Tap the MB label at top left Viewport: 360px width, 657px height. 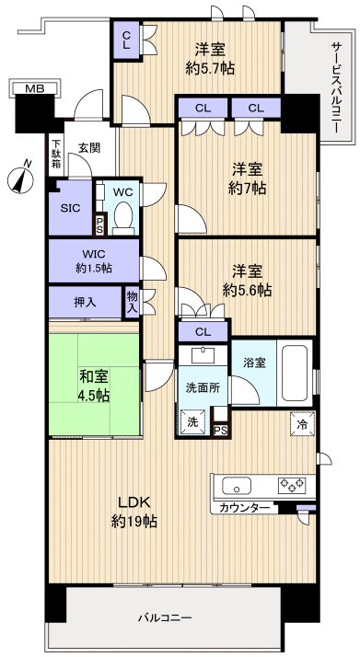33,88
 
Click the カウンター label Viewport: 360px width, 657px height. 245,508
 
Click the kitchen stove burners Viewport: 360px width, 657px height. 293,484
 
